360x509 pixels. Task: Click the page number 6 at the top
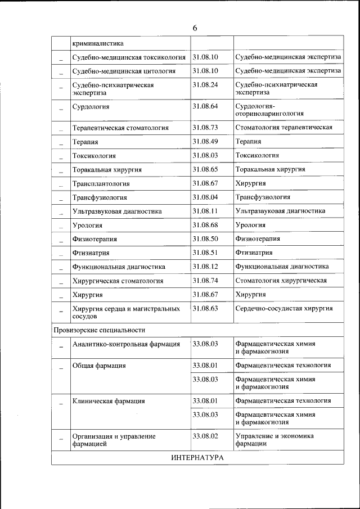click(x=195, y=28)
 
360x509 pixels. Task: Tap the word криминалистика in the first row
click(x=98, y=43)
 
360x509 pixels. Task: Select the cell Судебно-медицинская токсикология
click(x=129, y=57)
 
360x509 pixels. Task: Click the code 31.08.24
click(x=205, y=84)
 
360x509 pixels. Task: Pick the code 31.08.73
click(x=205, y=127)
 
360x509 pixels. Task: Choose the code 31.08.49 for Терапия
click(x=205, y=141)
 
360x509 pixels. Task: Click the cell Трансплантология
click(x=101, y=183)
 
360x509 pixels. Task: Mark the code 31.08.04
click(x=205, y=197)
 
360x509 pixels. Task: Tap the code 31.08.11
click(x=205, y=211)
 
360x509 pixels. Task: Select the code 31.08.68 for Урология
click(x=205, y=225)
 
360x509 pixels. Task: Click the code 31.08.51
click(x=205, y=253)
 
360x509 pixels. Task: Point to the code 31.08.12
click(x=205, y=266)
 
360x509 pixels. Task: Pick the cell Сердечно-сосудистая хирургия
click(x=284, y=308)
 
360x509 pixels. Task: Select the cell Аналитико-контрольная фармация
click(x=126, y=344)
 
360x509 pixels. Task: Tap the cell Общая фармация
click(x=98, y=366)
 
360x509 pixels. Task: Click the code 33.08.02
click(x=205, y=436)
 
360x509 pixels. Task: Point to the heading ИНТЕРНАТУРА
click(x=197, y=458)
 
